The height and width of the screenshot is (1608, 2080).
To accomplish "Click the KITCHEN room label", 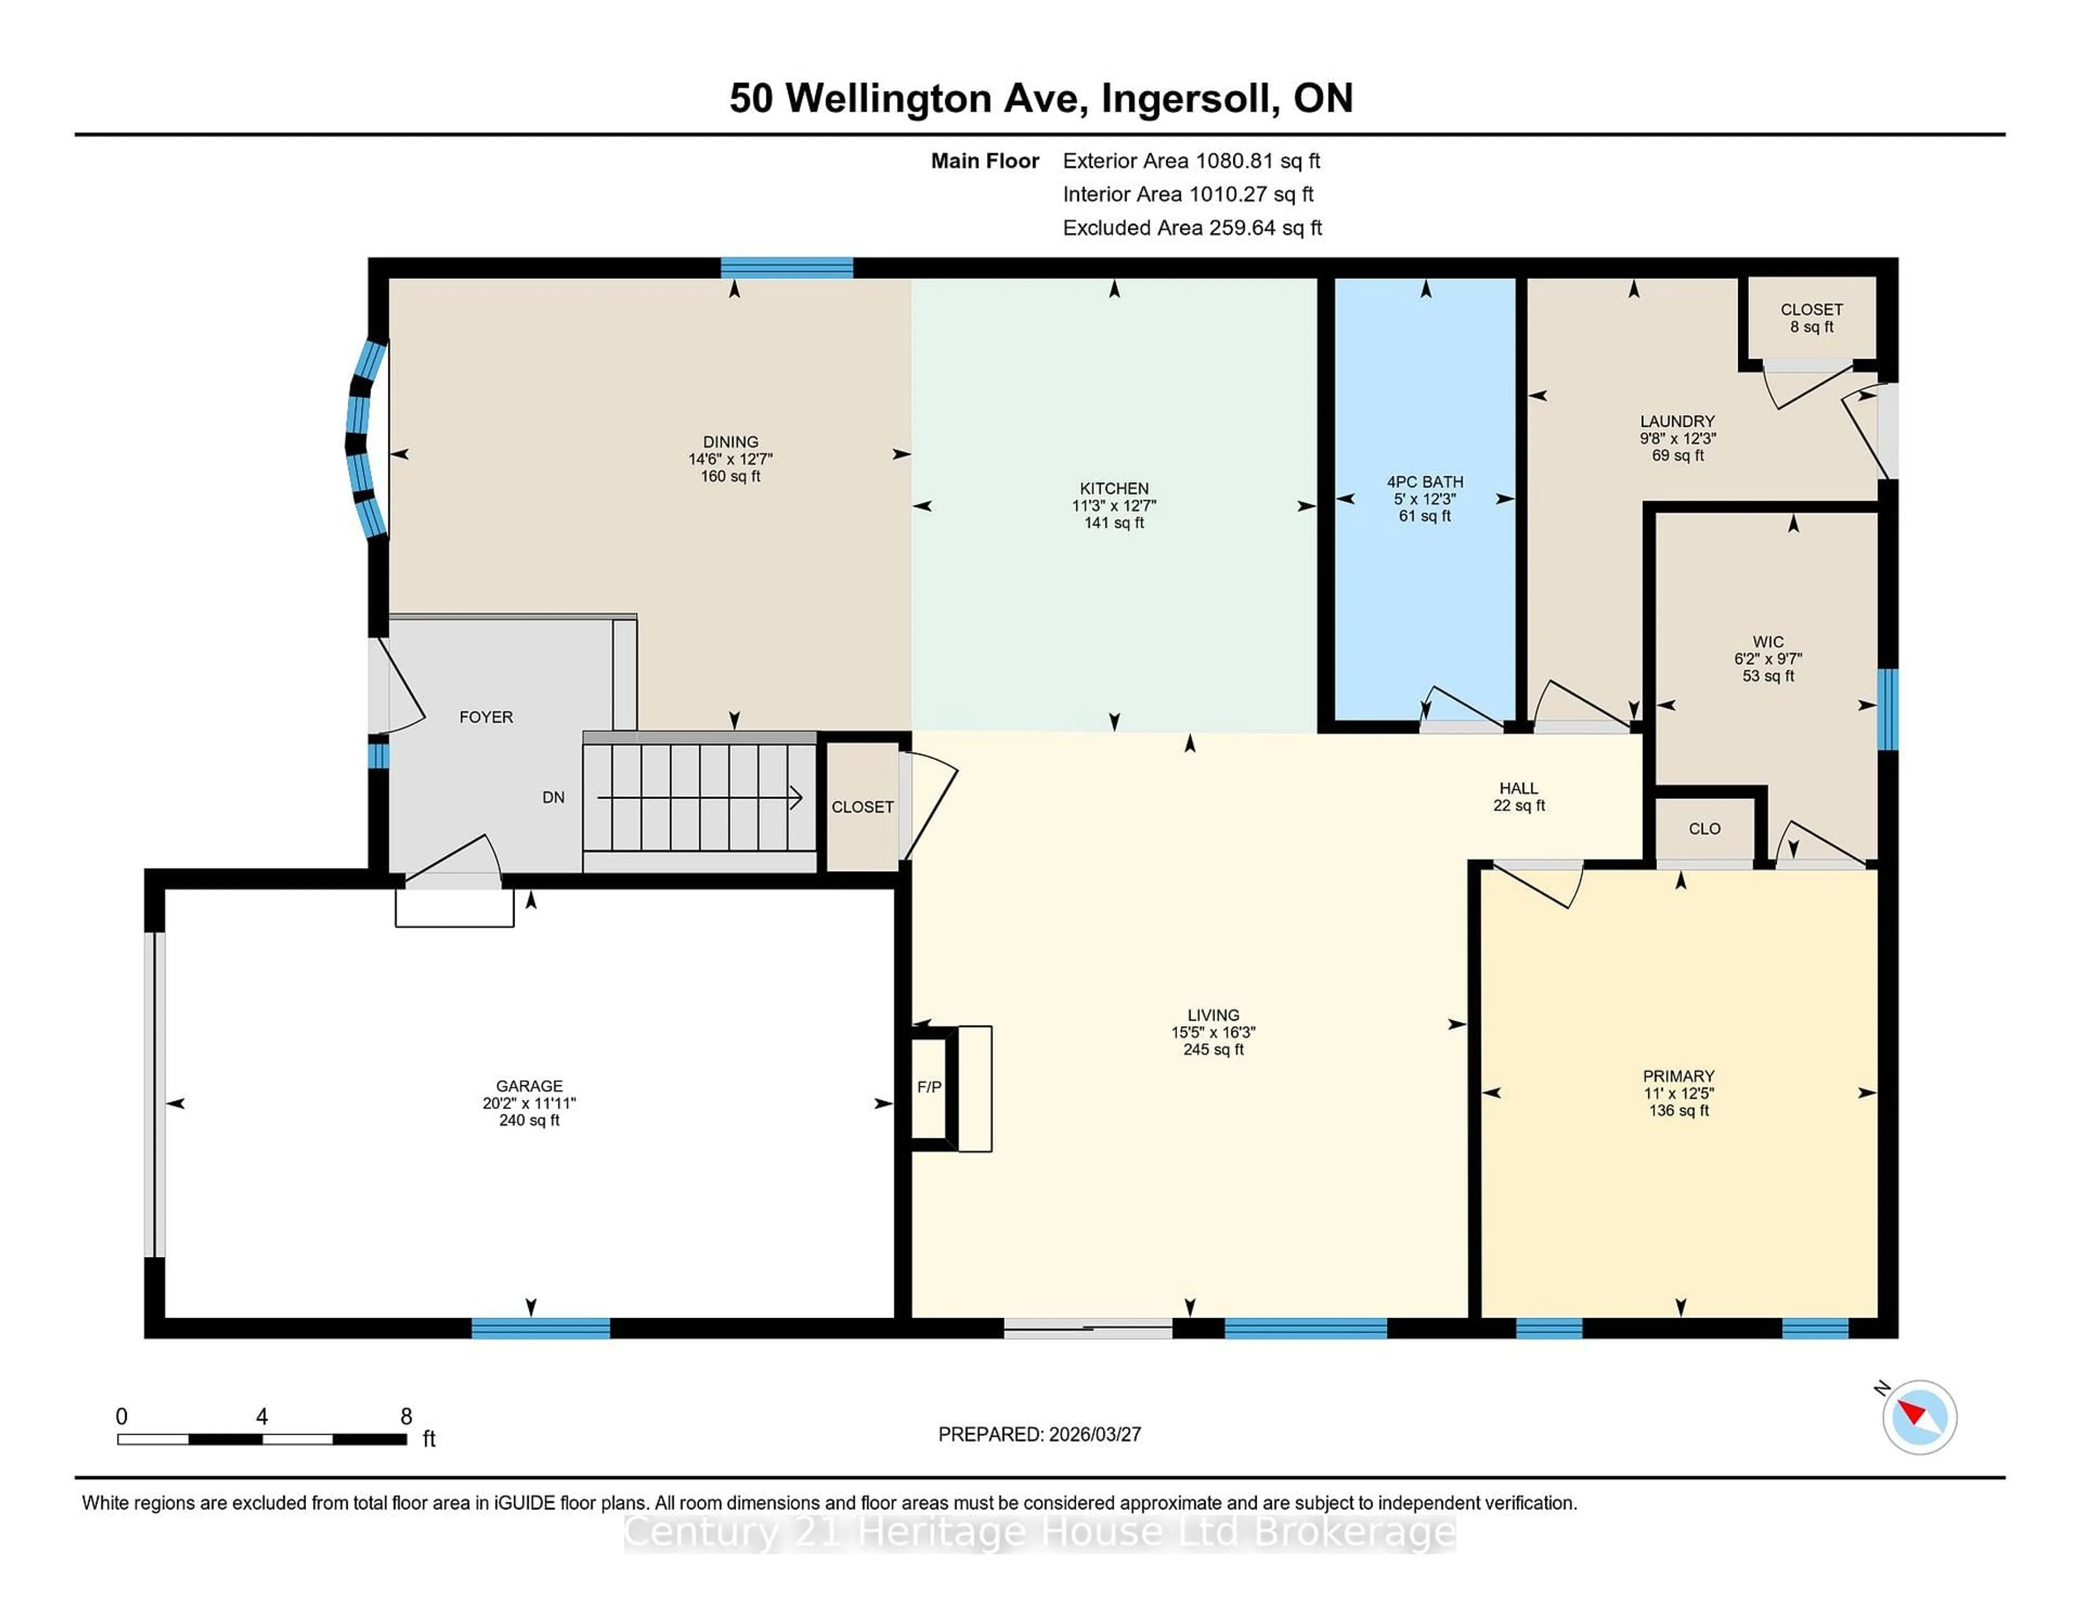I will (1113, 488).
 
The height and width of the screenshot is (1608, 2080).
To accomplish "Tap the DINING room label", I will (731, 442).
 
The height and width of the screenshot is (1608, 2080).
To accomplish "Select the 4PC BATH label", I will (1424, 482).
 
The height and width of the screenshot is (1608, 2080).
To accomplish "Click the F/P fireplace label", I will (928, 1087).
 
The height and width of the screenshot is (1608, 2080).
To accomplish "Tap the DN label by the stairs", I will (554, 797).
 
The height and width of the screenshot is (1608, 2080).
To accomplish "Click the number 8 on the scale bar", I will (406, 1417).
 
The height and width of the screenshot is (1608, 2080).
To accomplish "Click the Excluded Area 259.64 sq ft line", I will (1192, 228).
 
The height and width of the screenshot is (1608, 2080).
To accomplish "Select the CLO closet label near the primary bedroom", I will (1704, 829).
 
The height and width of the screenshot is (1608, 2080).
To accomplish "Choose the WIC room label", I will (1767, 642).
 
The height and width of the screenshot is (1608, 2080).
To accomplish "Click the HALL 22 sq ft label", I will (1518, 796).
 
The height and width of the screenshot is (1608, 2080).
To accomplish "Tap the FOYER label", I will (486, 717).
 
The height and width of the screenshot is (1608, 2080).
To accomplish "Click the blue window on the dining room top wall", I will (786, 268).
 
